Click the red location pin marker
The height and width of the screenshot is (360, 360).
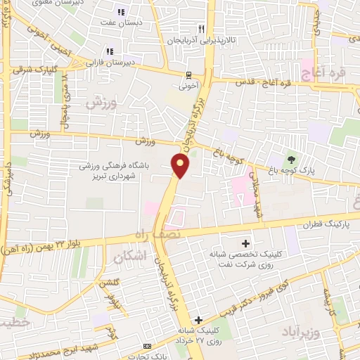(181, 166)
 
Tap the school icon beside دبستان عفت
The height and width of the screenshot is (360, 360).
(122, 12)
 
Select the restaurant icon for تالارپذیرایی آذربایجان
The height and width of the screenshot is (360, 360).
(201, 29)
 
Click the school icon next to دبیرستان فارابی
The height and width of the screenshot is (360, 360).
(109, 51)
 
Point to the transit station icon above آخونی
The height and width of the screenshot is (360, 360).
(188, 75)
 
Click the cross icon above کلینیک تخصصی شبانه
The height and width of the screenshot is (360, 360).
(245, 241)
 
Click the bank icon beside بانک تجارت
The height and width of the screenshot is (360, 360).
(147, 346)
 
